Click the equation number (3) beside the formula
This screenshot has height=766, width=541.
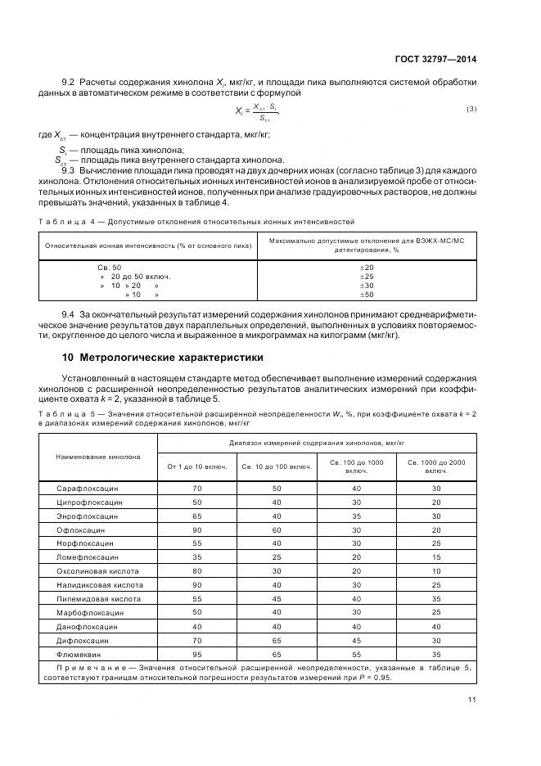point(471,109)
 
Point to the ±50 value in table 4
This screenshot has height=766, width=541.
point(367,294)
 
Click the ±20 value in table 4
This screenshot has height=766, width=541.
point(367,268)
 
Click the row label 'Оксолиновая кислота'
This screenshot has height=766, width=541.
point(97,570)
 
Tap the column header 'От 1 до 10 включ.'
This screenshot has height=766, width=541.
point(196,466)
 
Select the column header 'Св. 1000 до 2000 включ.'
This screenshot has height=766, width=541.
point(436,466)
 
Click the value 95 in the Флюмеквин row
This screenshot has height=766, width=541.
point(196,654)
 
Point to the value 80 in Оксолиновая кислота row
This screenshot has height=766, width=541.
point(196,570)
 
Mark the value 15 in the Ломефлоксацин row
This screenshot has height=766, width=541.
point(436,556)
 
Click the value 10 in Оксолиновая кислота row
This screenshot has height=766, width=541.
point(436,570)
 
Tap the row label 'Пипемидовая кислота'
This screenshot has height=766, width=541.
point(97,598)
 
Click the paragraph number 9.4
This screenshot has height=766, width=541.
point(70,314)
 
